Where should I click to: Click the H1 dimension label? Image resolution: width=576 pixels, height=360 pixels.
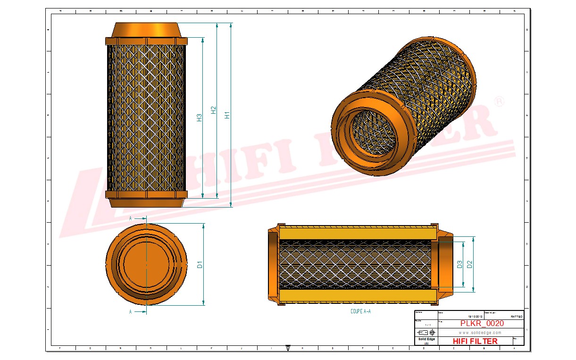point(227,115)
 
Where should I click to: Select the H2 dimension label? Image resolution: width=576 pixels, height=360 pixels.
point(213,110)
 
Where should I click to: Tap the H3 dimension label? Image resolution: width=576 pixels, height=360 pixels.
point(199,118)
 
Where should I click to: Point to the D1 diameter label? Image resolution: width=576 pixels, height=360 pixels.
point(200,265)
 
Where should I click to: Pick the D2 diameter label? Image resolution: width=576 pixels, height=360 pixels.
point(469,265)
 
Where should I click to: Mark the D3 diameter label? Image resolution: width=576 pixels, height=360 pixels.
point(459,265)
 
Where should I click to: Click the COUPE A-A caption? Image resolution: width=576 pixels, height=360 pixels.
point(360,311)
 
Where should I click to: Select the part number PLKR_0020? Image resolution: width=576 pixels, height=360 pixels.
point(482,324)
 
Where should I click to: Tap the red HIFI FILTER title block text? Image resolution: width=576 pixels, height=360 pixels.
point(475,341)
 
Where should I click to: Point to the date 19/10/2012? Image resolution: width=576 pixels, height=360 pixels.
point(475,317)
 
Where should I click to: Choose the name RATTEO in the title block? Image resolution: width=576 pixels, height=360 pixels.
point(516,317)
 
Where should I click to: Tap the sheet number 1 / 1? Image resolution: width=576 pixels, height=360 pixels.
point(427,325)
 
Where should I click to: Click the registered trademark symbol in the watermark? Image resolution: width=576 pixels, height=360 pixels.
point(498,101)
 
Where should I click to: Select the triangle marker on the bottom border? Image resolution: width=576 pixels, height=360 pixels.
point(288,348)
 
